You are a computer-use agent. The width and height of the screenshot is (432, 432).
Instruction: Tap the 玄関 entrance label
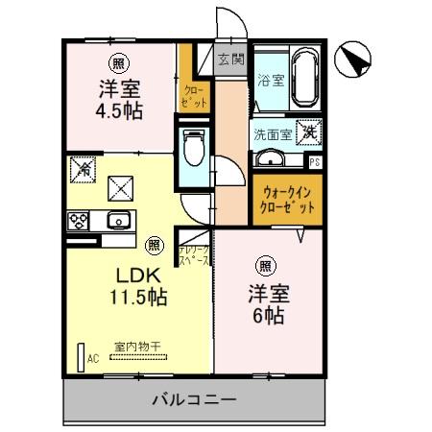[230, 59]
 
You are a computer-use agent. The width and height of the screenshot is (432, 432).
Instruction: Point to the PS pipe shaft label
[315, 161]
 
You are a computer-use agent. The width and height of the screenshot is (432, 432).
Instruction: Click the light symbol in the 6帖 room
[263, 265]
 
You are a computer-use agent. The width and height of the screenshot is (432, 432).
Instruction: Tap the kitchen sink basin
[120, 220]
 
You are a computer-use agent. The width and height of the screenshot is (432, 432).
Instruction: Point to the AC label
[93, 358]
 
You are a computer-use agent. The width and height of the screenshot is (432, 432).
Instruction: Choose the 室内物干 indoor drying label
[137, 346]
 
